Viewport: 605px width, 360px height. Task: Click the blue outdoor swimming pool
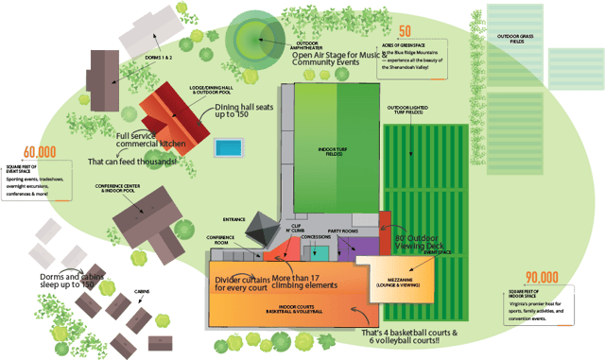coord(227,148)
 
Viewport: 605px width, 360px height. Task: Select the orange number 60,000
coord(39,151)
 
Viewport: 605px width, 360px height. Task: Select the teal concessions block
coord(321,251)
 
